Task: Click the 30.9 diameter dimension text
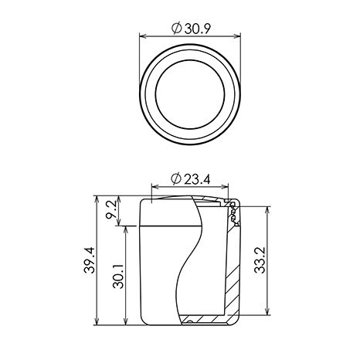point(198,29)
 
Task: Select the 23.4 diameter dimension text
point(197,179)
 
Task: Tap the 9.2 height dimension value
point(111,210)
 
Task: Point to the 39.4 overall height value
point(90,260)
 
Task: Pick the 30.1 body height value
point(118,277)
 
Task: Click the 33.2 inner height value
point(260,260)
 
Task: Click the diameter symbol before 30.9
point(177,29)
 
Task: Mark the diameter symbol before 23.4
point(176,179)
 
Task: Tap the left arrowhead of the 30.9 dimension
point(143,36)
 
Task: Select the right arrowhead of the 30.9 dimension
point(237,36)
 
